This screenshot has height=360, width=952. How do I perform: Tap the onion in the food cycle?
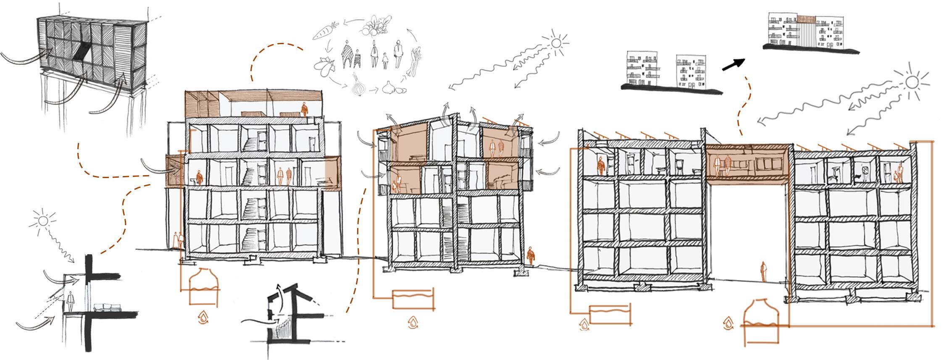coord(358,86)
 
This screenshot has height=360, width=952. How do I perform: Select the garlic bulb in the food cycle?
coord(389,88)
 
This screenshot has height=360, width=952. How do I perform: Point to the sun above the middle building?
coord(556,43)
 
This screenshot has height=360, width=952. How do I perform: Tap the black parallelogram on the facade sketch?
coord(82,53)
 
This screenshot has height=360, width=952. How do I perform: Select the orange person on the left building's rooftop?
coord(304,110)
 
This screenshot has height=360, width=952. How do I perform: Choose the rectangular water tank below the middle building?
coord(412,300)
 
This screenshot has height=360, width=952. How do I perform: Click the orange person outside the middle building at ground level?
coord(531,255)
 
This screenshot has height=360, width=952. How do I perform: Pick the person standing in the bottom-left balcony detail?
coord(71,300)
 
